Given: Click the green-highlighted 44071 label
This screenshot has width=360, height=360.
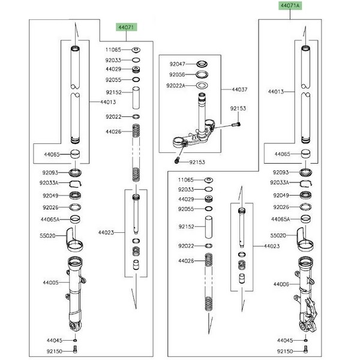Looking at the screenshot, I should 127,27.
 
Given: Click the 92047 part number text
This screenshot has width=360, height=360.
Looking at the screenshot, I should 178,63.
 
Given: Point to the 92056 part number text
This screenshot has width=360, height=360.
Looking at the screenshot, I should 178,74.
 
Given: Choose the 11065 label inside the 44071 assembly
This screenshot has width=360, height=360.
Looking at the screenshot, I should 113,50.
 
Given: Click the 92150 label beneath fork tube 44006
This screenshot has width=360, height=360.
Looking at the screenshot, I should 285,350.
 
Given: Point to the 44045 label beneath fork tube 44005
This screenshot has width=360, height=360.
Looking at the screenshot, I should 55,340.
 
